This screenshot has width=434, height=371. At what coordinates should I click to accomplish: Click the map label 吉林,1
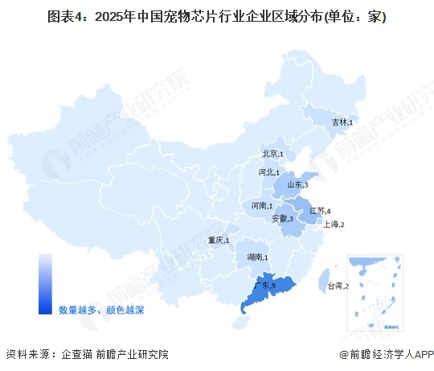(x=343, y=122)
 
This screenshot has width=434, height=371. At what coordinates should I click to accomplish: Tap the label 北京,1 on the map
(x=272, y=154)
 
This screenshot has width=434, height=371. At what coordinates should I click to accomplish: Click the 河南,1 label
(x=261, y=206)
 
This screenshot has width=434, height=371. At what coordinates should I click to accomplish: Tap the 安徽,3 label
(x=284, y=219)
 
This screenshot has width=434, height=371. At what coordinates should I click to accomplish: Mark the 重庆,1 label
(x=218, y=241)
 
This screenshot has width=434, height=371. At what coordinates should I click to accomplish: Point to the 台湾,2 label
(x=337, y=286)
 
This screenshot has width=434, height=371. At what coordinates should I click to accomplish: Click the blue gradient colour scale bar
(x=45, y=282)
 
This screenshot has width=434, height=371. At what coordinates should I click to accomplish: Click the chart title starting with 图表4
(x=217, y=18)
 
